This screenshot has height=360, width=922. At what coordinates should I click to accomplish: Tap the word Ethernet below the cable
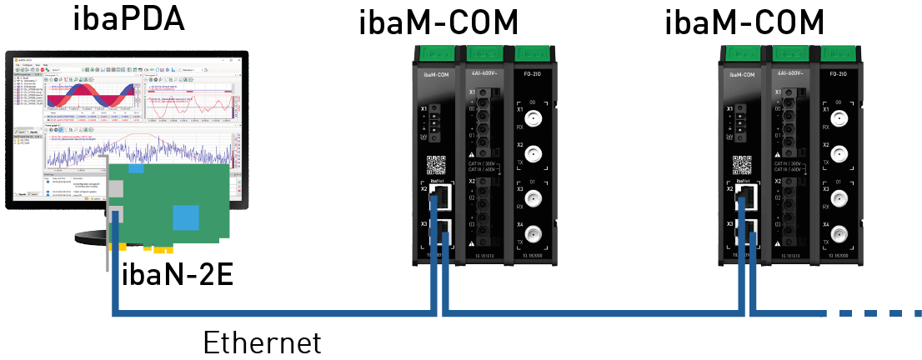(262, 342)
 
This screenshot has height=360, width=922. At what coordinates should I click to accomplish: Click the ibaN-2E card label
(177, 272)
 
